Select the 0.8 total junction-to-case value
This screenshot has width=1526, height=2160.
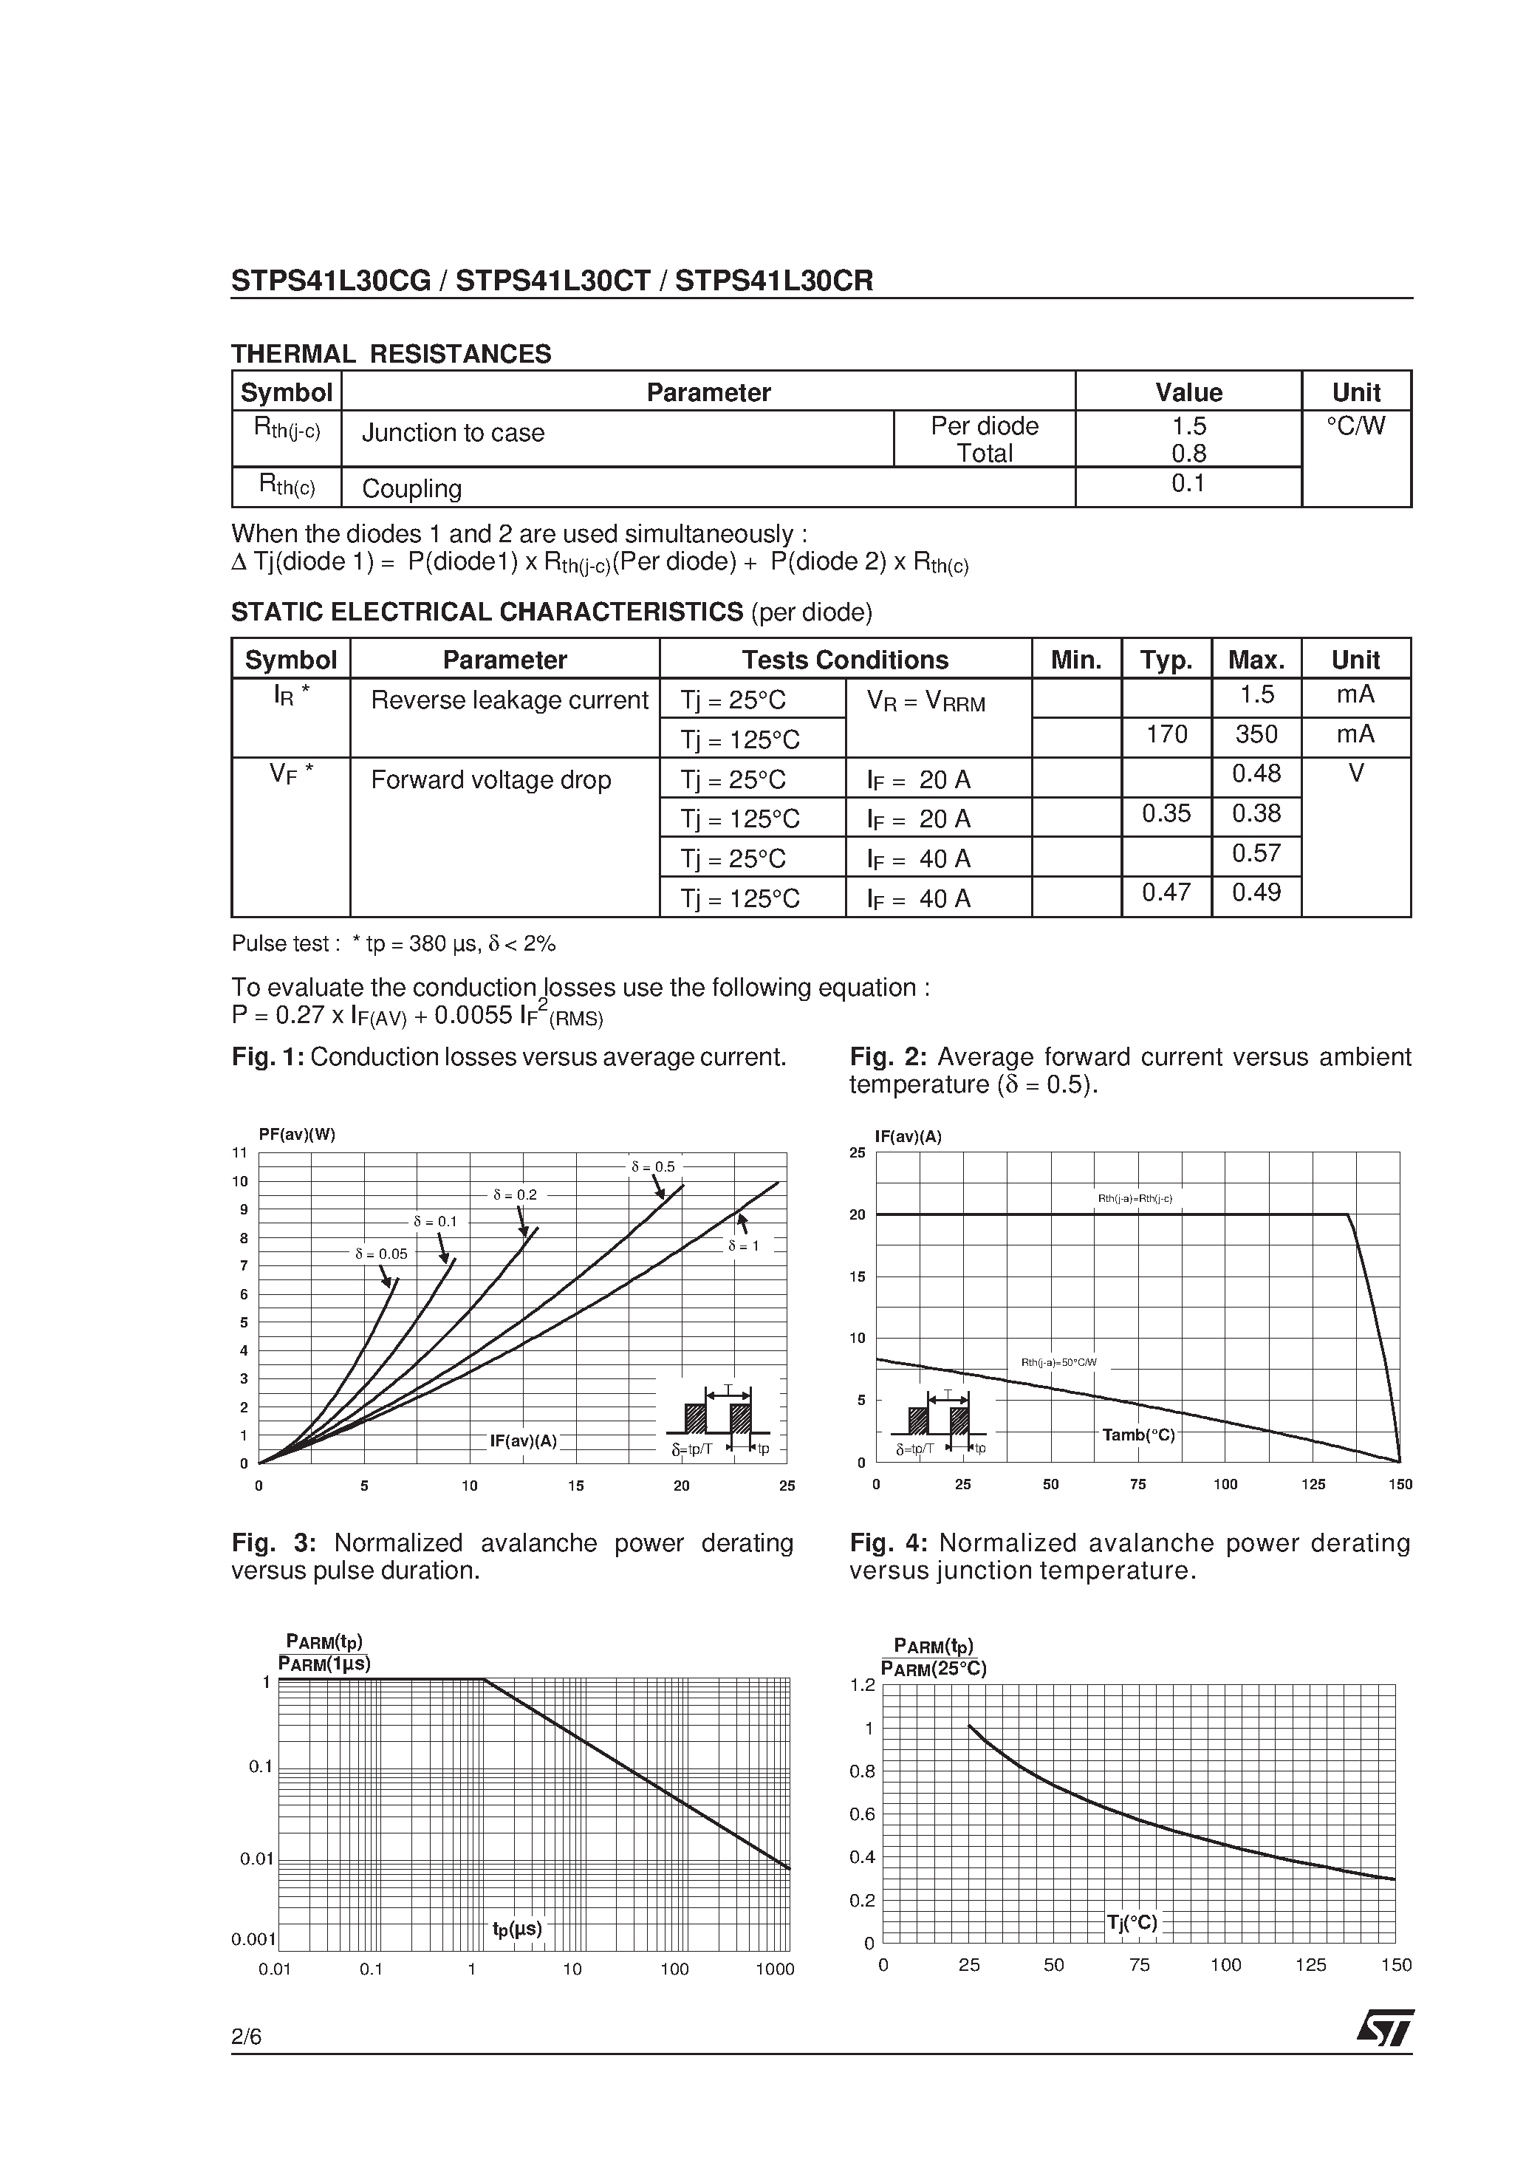coord(1188,454)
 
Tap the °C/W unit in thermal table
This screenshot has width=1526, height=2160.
coord(1355,426)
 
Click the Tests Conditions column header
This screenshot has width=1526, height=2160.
coord(845,660)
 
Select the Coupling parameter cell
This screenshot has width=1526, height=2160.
coord(412,488)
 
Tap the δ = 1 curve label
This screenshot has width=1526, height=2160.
coord(743,1245)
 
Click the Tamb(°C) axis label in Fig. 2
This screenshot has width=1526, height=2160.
coord(1138,1435)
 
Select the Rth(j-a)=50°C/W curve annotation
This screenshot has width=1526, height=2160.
coord(1058,1362)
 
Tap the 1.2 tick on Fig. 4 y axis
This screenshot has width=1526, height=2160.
coord(862,1685)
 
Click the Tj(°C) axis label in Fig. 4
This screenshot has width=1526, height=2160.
coord(1132,1922)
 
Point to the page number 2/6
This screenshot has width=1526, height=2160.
coord(247,2037)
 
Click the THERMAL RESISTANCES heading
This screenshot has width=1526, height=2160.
coord(391,354)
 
